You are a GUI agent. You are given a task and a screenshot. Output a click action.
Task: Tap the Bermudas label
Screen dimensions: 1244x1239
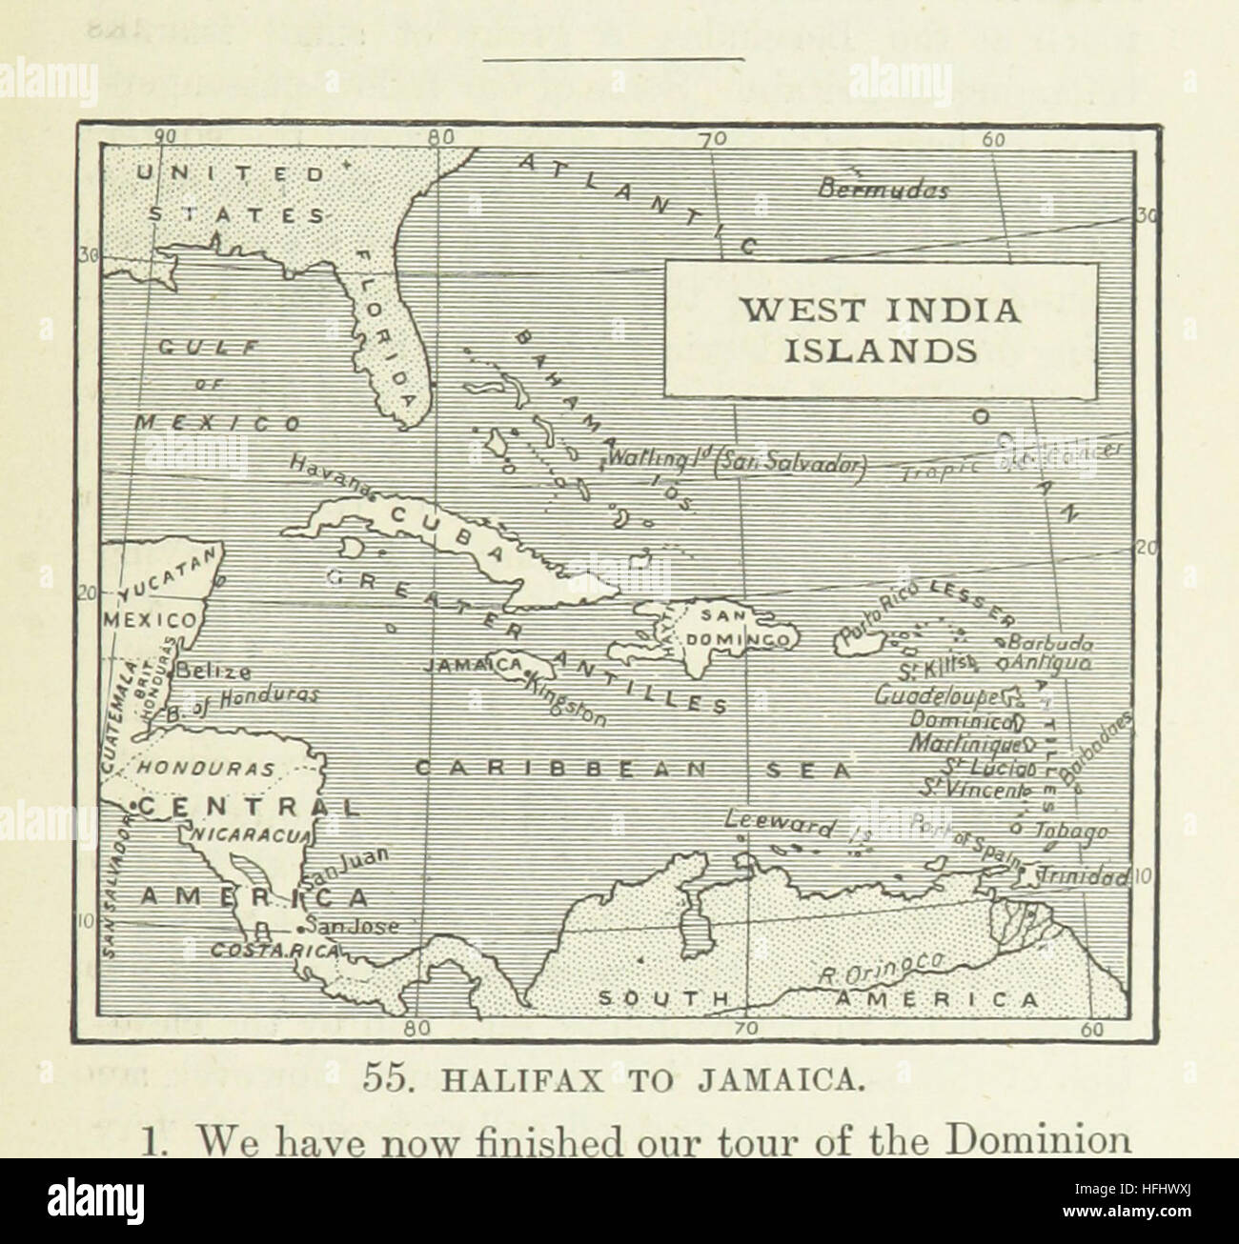pos(884,190)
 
